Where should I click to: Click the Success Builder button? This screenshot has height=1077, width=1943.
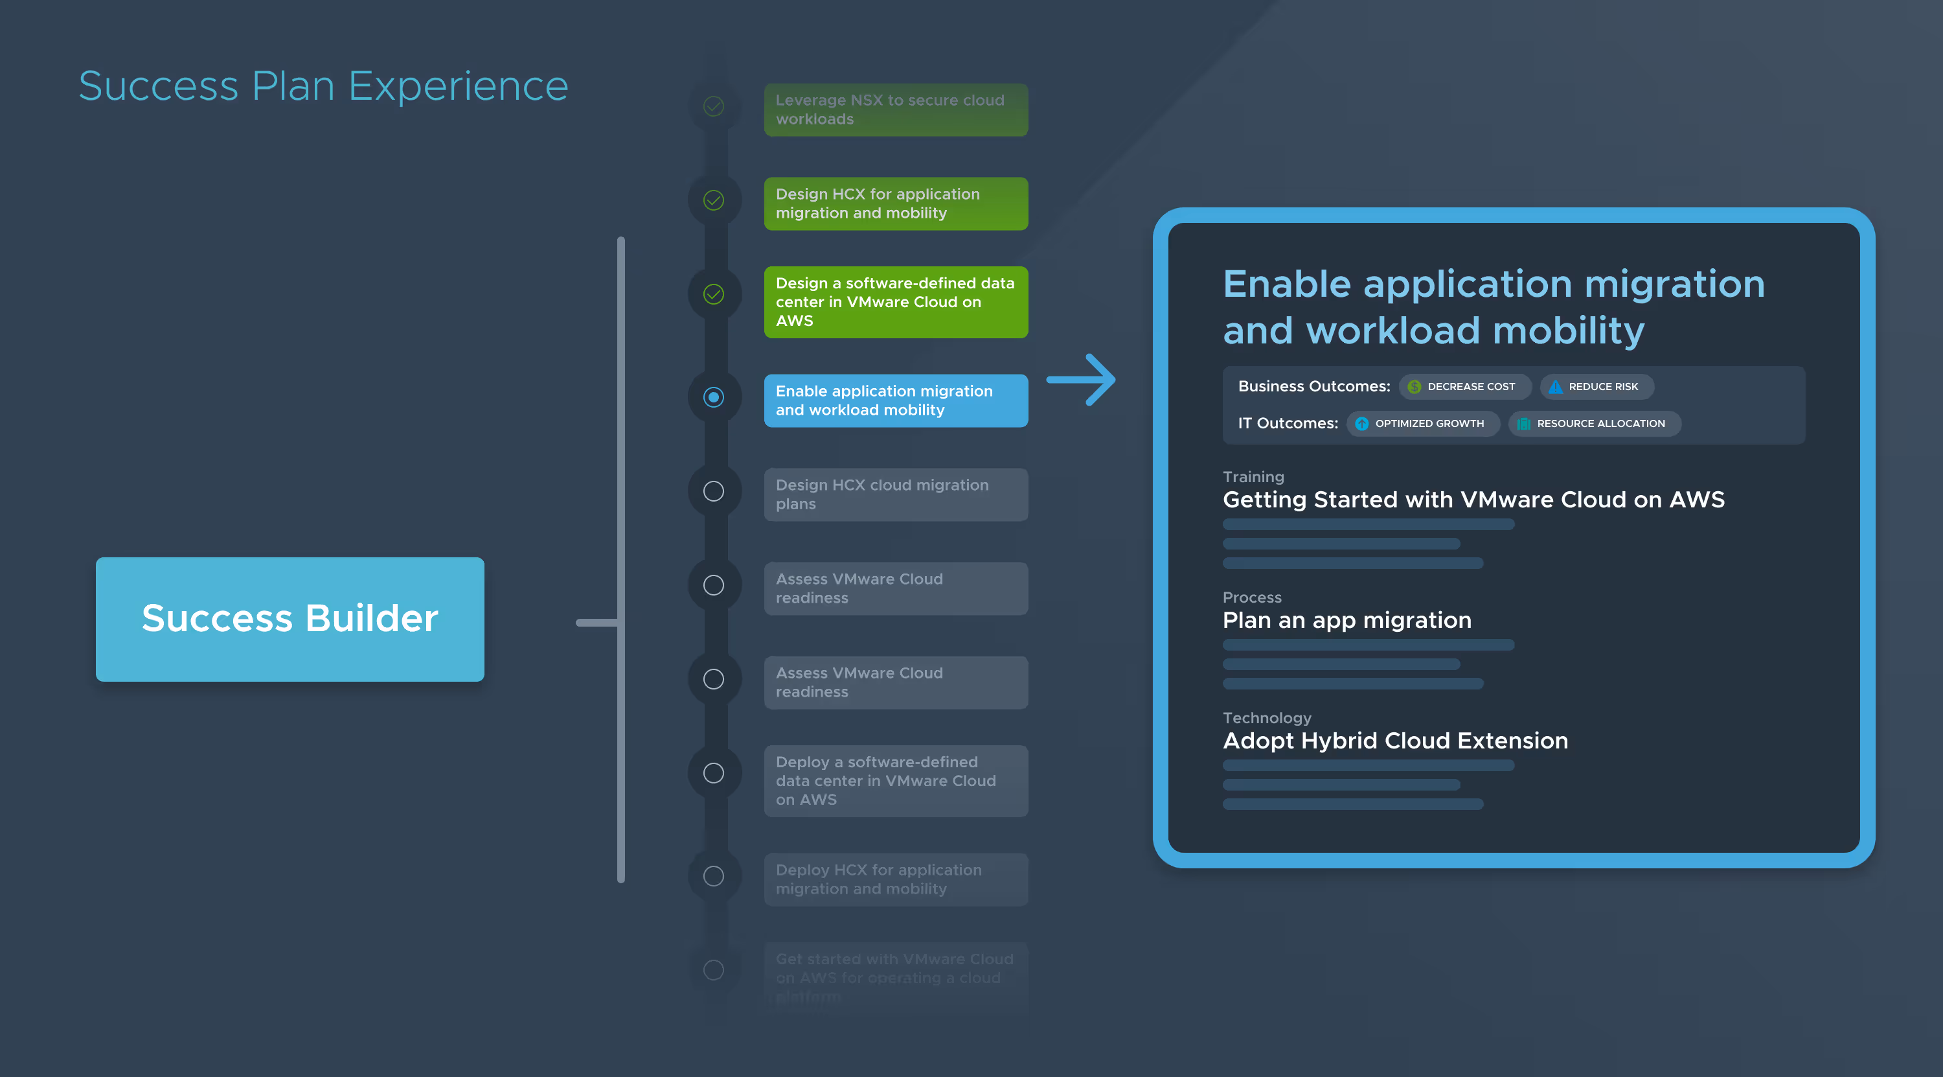tap(290, 619)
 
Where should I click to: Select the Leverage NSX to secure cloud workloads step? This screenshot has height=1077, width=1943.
tap(895, 110)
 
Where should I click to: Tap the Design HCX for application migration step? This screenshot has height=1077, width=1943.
tap(895, 203)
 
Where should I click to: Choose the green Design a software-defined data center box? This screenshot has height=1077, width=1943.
tap(895, 302)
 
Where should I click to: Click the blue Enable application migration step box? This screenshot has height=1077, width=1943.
tap(895, 400)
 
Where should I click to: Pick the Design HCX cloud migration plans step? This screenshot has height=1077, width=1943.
tap(895, 494)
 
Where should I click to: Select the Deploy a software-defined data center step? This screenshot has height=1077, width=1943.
tap(895, 780)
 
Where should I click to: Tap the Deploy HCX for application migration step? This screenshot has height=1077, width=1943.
tap(895, 879)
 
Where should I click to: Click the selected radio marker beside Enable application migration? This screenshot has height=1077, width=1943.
tap(714, 397)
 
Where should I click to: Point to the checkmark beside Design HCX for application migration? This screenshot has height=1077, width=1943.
tap(714, 200)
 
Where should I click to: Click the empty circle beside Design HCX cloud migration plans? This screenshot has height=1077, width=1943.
tap(714, 491)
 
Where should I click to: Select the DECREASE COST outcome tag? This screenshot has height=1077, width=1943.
tap(1464, 386)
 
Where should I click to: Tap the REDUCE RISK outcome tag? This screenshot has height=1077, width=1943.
tap(1596, 386)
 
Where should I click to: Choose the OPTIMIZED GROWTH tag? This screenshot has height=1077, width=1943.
tap(1422, 423)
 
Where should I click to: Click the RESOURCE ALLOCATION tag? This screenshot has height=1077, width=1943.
tap(1594, 423)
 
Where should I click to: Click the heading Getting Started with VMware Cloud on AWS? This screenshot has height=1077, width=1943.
tap(1473, 500)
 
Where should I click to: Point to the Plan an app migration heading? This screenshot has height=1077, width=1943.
tap(1346, 620)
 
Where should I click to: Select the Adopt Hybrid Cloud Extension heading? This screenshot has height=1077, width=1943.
tap(1394, 741)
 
